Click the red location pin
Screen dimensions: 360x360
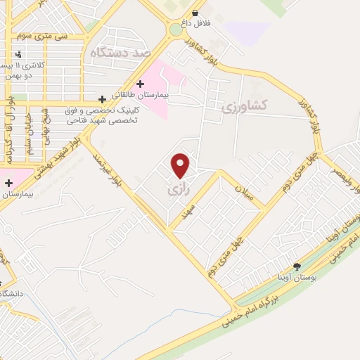tap(181, 165)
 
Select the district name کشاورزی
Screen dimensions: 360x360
tap(245, 107)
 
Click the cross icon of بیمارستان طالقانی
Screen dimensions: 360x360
tap(141, 84)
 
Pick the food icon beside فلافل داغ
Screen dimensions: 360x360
tap(195, 13)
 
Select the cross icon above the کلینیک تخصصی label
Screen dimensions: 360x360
tap(103, 99)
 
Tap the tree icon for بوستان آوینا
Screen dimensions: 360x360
tap(296, 266)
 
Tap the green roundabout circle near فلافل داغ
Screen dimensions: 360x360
tap(175, 30)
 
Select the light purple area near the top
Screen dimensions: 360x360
tap(247, 32)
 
